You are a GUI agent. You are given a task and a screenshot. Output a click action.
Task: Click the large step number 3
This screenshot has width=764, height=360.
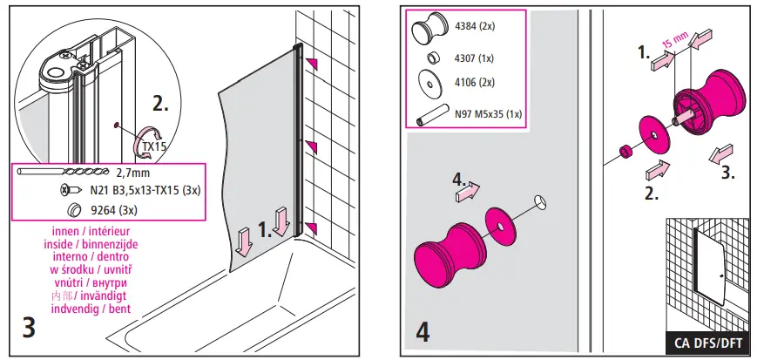28,329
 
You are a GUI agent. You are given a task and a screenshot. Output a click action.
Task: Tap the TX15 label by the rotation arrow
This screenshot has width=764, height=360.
155,146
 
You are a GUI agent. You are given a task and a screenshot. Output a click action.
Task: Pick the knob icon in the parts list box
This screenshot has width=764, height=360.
428,32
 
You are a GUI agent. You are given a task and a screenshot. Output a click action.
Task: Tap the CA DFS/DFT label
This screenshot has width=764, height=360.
710,342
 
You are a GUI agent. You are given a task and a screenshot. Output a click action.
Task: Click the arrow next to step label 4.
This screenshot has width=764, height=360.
467,191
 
